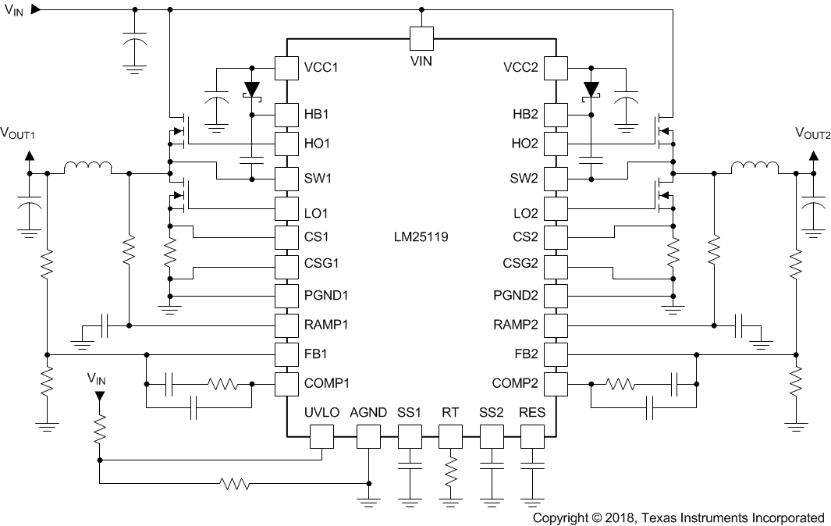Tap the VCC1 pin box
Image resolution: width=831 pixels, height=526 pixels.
coord(286,68)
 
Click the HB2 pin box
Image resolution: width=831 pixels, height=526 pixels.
coord(556,115)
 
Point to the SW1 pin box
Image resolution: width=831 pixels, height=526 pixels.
coord(286,179)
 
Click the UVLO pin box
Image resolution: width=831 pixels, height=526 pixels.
coord(321,436)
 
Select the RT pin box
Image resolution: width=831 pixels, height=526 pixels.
coord(450,436)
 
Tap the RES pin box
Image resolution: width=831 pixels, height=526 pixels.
coord(532,436)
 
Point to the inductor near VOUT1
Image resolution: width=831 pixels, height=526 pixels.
coord(87,168)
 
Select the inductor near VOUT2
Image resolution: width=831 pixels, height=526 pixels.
coord(754,168)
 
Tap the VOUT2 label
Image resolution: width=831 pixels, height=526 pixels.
coord(812,133)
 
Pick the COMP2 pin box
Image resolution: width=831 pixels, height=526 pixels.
coord(556,383)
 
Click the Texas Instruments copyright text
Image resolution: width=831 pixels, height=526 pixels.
coord(678,517)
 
